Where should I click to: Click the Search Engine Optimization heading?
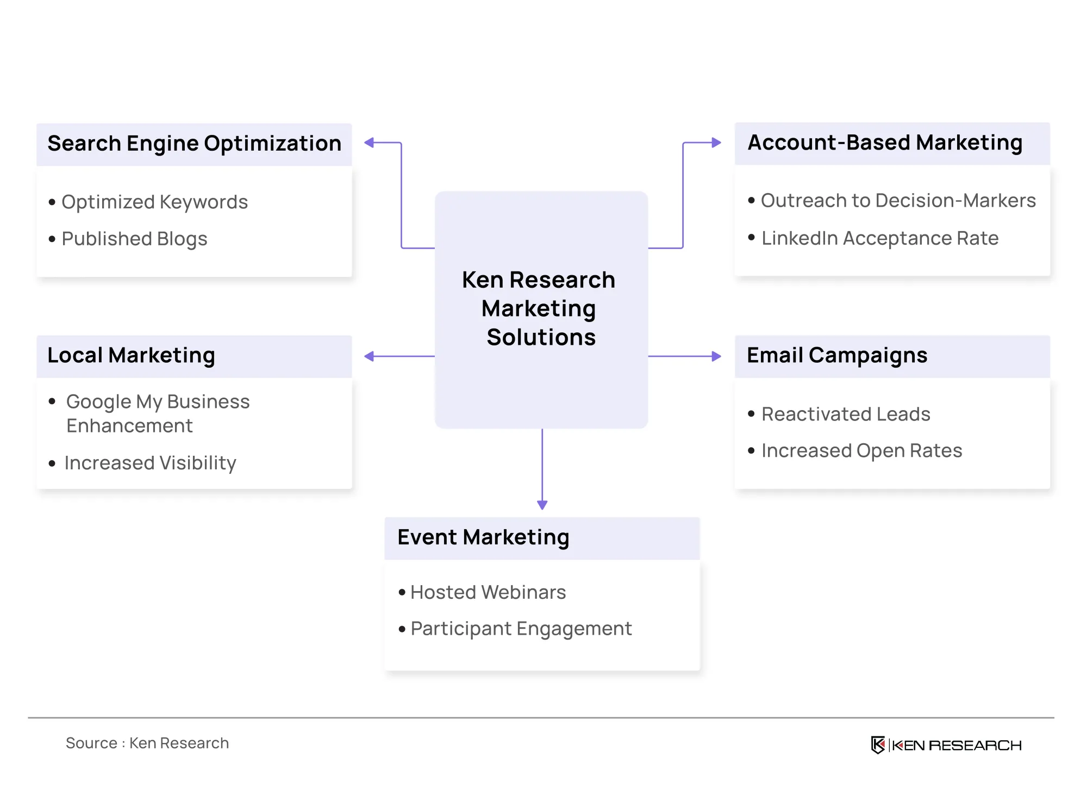[195, 144]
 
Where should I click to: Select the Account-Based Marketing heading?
[885, 143]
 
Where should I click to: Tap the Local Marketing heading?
[131, 356]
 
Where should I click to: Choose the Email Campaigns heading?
[837, 356]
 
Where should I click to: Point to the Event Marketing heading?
[483, 538]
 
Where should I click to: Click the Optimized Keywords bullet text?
[154, 202]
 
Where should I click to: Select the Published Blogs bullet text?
[134, 239]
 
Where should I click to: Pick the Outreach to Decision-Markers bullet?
[898, 201]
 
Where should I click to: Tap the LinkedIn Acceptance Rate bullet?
[880, 238]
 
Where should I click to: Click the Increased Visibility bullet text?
[150, 463]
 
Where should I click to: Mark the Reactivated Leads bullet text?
[846, 414]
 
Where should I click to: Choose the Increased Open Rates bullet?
[861, 451]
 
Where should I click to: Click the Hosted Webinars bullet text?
[488, 592]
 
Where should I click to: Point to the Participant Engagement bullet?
[521, 629]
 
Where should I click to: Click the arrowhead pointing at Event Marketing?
[542, 505]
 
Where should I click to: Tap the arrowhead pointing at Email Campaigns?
[716, 356]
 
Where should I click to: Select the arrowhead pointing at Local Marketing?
[370, 356]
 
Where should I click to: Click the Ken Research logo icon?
[878, 745]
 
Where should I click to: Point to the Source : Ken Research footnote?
[147, 744]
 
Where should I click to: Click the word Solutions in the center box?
[541, 337]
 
